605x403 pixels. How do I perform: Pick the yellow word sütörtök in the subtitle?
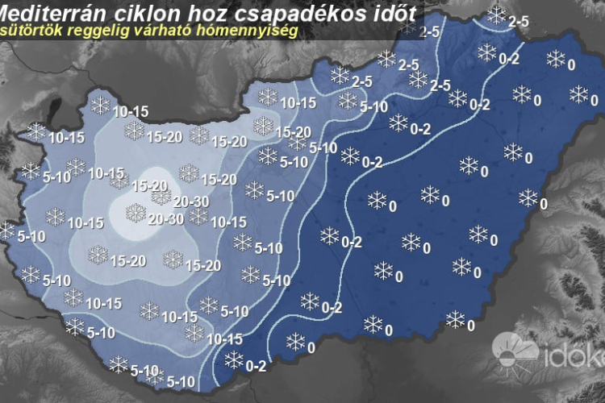pos(35,31)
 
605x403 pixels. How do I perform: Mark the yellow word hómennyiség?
pos(249,31)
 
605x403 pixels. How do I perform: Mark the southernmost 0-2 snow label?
pos(257,366)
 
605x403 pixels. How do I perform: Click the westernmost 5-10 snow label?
pos(30,237)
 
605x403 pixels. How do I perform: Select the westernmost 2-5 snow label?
pos(361,81)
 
